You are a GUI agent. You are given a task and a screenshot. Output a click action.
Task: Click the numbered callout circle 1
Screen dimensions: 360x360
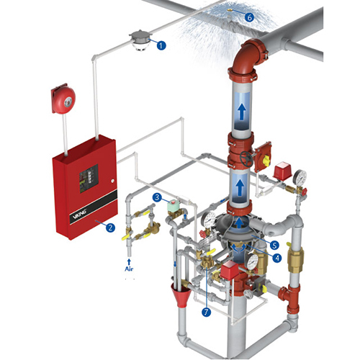[161, 45]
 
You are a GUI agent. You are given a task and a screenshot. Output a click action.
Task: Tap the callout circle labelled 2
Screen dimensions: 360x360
[109, 228]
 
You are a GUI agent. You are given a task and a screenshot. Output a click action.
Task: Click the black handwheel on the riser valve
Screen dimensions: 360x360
[248, 158]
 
